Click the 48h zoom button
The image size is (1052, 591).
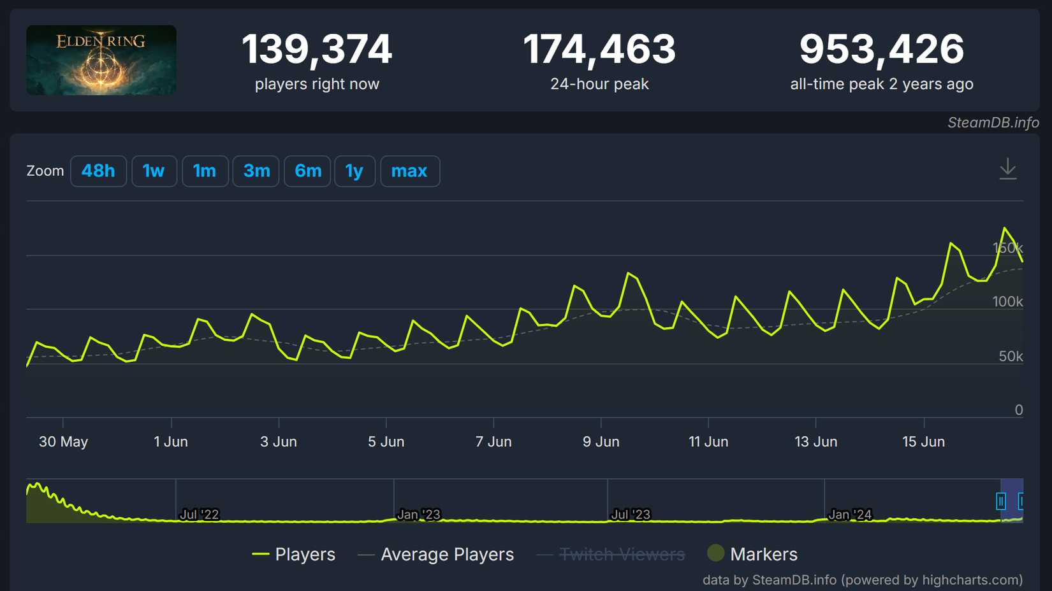pos(98,171)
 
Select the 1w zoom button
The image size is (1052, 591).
pos(154,171)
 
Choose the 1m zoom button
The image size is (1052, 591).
pos(205,171)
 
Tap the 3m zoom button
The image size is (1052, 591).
pos(256,171)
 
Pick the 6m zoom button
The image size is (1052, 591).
pos(307,171)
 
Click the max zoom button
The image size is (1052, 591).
pos(409,171)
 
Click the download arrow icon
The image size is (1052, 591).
pos(1007,169)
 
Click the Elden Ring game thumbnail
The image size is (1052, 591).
pos(101,61)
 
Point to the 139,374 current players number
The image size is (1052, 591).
pos(317,50)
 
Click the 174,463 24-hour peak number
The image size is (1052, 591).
pos(599,50)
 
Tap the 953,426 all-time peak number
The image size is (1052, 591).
pos(882,50)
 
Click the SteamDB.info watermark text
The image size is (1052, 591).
pos(993,123)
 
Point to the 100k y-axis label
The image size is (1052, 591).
pos(1007,302)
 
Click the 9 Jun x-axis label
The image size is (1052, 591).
pos(601,442)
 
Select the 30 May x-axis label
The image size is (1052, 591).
pos(63,442)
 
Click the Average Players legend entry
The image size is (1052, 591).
pos(447,555)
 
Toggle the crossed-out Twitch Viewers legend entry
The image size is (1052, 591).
pos(622,555)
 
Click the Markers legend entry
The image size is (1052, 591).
pos(763,555)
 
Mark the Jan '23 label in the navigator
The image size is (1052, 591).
pos(418,515)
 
